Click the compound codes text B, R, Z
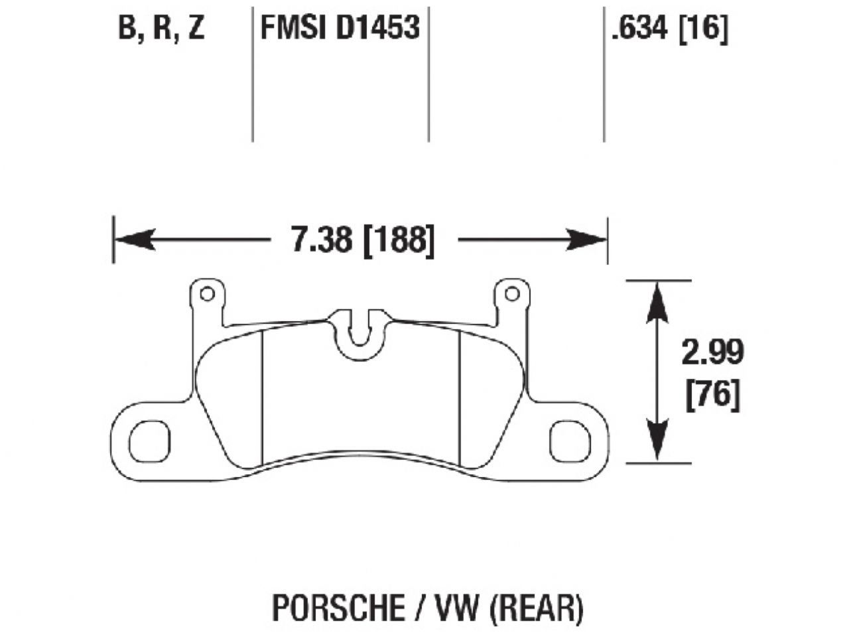click(x=161, y=29)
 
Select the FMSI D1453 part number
click(x=340, y=29)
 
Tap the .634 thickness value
click(x=639, y=29)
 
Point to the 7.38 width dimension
click(x=321, y=240)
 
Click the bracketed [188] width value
click(x=400, y=240)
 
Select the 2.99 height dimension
click(x=712, y=352)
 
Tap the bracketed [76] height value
click(x=712, y=395)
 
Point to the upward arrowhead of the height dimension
click(x=657, y=302)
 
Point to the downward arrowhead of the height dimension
click(x=657, y=441)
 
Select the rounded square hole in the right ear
click(x=570, y=441)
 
